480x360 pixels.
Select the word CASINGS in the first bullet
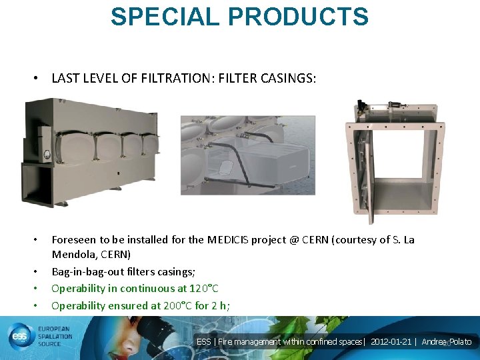288,79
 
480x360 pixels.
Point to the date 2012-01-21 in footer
392,342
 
